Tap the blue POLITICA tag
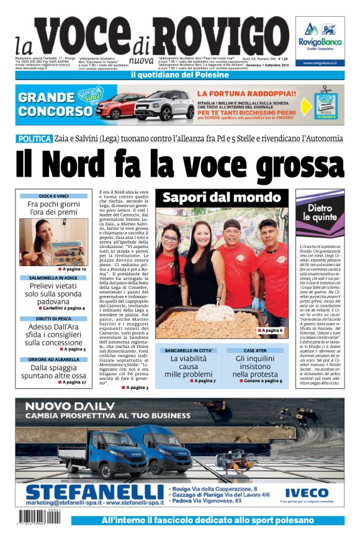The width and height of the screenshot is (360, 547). pyautogui.click(x=34, y=139)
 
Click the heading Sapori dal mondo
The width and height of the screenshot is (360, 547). pyautogui.click(x=222, y=198)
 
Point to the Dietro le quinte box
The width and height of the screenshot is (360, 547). pyautogui.click(x=320, y=213)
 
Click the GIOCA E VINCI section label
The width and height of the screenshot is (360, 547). pyautogui.click(x=53, y=196)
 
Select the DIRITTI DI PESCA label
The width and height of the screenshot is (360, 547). pyautogui.click(x=53, y=319)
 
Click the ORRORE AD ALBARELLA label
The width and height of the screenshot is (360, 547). pyautogui.click(x=53, y=359)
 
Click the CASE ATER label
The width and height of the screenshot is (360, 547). pyautogui.click(x=254, y=350)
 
